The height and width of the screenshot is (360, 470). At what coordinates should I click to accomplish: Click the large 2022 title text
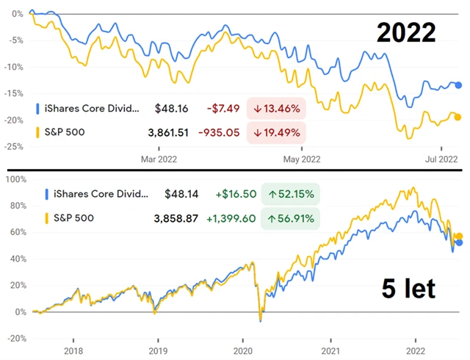coord(406,33)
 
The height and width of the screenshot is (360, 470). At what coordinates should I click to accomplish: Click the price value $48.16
coord(171,109)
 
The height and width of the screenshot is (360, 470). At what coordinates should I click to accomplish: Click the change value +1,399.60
coord(225,218)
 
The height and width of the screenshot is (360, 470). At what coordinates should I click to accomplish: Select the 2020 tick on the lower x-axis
coord(242,350)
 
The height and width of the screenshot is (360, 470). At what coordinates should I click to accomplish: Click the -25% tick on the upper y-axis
coord(13,146)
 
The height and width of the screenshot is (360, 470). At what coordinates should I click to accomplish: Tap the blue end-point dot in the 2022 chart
coord(458,86)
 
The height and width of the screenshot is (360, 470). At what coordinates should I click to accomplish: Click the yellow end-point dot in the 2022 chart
coord(458,117)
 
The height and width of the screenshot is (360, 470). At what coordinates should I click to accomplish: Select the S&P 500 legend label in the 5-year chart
coord(73,218)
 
